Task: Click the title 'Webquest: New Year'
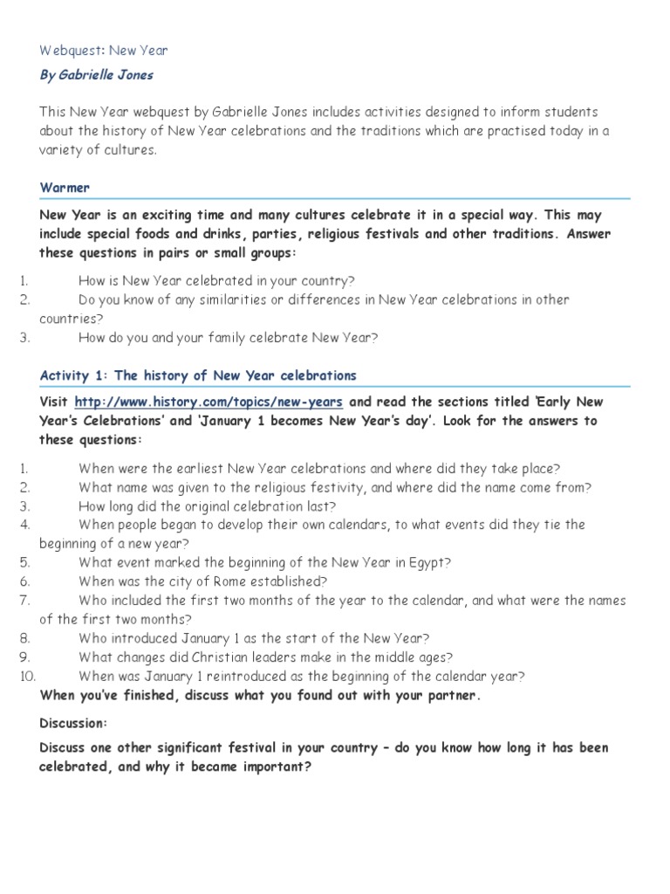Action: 104,51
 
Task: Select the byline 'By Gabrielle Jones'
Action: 96,75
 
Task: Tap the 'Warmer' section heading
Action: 65,188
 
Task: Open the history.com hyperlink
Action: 209,402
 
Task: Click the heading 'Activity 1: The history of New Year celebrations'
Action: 198,375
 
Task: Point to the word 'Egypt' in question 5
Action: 429,562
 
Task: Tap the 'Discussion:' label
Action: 73,723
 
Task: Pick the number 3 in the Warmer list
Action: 24,337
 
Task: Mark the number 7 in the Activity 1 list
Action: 24,601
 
